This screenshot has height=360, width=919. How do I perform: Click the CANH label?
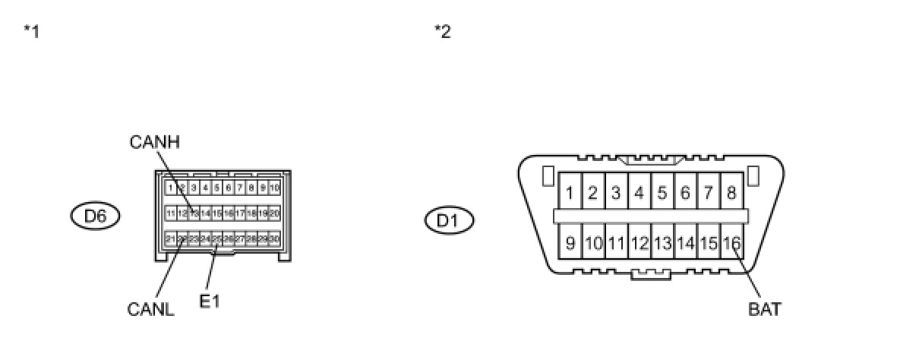tap(155, 142)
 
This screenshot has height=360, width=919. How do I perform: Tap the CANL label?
tap(151, 309)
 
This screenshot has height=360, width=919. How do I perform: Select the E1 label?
tap(210, 302)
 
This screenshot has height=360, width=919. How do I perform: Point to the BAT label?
tap(764, 309)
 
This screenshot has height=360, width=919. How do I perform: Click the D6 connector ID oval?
tap(95, 216)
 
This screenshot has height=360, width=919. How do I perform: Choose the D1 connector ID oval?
tap(449, 221)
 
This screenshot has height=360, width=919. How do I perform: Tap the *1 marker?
tap(31, 32)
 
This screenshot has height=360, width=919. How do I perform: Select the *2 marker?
tap(442, 32)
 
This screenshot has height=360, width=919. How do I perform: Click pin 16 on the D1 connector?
tap(731, 244)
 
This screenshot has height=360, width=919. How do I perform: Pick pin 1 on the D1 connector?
tap(570, 193)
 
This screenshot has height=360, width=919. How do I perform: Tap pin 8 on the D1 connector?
tap(731, 193)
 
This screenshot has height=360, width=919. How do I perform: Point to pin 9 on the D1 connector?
tap(570, 244)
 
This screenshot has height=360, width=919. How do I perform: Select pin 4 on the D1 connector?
tap(639, 193)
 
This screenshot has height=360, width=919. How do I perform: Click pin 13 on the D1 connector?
tap(662, 244)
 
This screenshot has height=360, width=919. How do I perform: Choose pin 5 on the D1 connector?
tap(662, 193)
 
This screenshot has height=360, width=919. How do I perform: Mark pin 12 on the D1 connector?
tap(639, 244)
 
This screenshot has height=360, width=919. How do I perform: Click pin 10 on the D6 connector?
tap(274, 188)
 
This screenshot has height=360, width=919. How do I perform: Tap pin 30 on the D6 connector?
tap(274, 238)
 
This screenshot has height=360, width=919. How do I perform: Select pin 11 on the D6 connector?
tap(171, 213)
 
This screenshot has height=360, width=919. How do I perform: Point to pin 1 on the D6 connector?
tap(172, 188)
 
